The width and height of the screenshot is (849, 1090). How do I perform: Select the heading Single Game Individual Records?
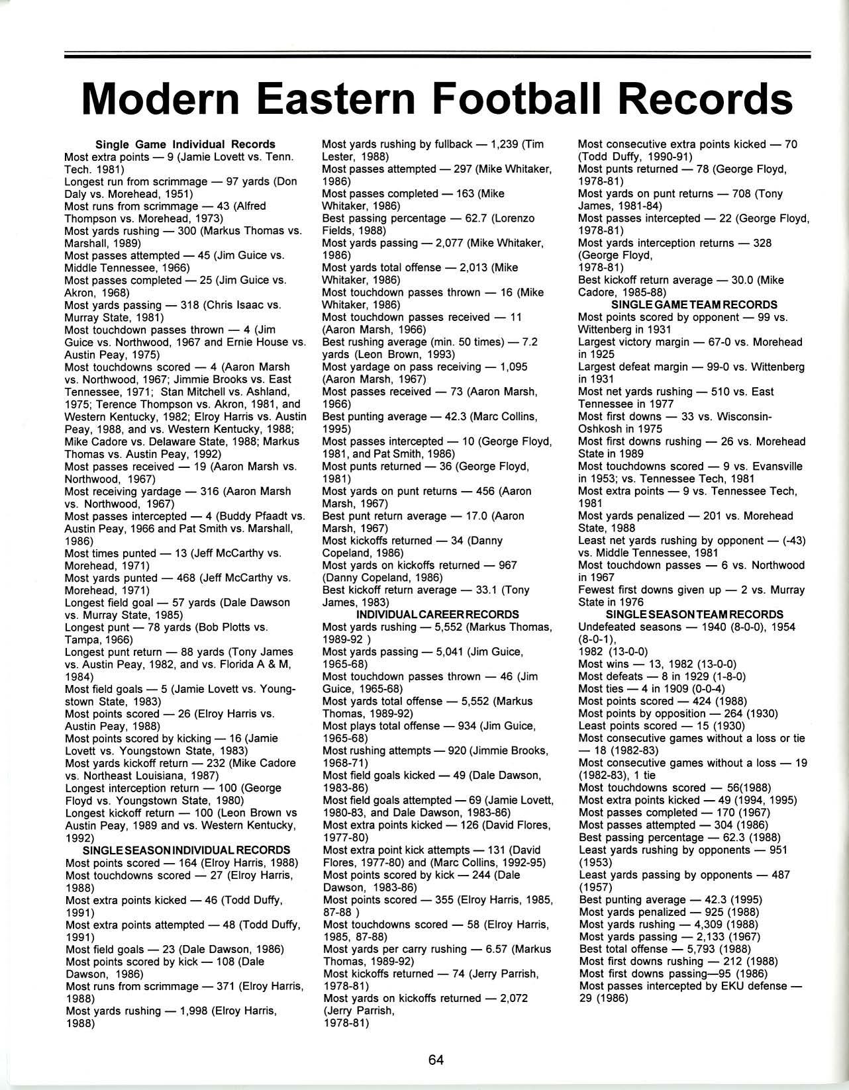tap(185, 144)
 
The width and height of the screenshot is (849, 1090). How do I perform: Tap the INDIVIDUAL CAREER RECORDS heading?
tap(437, 615)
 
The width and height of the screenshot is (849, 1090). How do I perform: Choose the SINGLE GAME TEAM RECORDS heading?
tap(694, 305)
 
